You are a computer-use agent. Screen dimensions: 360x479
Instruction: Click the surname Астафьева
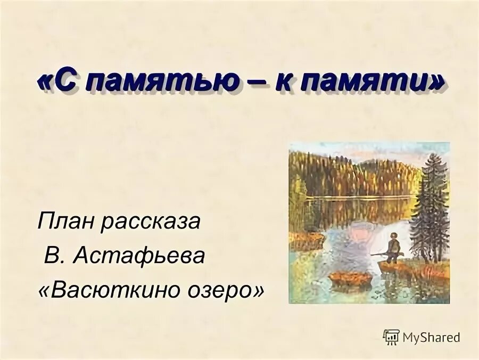click(x=139, y=256)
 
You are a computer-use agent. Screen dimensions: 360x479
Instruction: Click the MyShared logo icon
click(x=391, y=337)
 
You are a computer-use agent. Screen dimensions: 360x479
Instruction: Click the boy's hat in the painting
click(x=393, y=234)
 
